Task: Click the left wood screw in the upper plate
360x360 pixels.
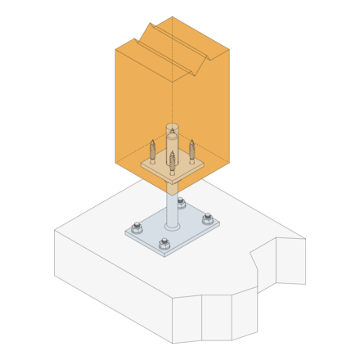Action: pyautogui.click(x=152, y=152)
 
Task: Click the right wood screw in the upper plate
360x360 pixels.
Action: pyautogui.click(x=192, y=151)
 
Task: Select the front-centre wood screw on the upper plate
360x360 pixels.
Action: pyautogui.click(x=172, y=161)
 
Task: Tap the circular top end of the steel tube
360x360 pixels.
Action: pyautogui.click(x=172, y=128)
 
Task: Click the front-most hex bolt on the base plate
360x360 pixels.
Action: pyautogui.click(x=164, y=243)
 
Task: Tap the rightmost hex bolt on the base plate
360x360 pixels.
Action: pyautogui.click(x=207, y=218)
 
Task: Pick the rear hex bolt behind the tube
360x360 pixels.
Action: pyautogui.click(x=181, y=204)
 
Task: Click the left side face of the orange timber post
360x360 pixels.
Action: pyautogui.click(x=143, y=106)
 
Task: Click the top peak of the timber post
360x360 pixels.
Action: pyautogui.click(x=172, y=17)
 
